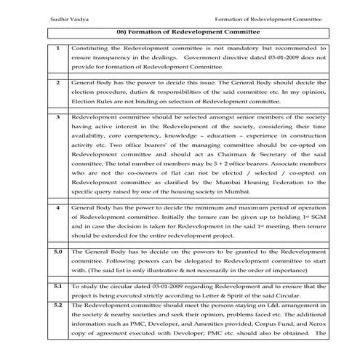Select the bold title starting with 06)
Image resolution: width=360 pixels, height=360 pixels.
(x=179, y=33)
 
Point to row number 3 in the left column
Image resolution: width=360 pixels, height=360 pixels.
(x=58, y=116)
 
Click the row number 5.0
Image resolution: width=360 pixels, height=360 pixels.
(x=57, y=251)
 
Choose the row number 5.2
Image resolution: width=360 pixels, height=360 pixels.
(x=58, y=306)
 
